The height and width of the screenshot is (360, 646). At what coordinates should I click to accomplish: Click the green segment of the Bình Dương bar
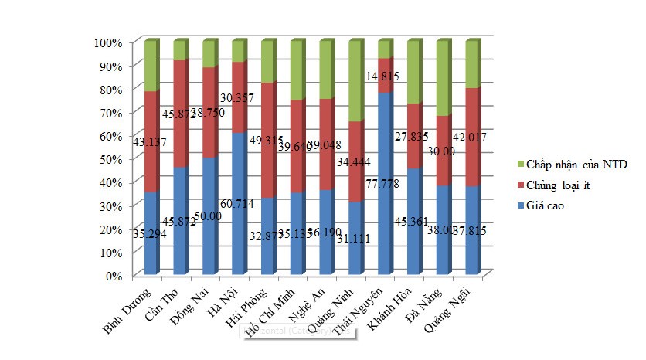[151, 66]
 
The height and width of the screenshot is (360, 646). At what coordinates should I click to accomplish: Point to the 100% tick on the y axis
[108, 42]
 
